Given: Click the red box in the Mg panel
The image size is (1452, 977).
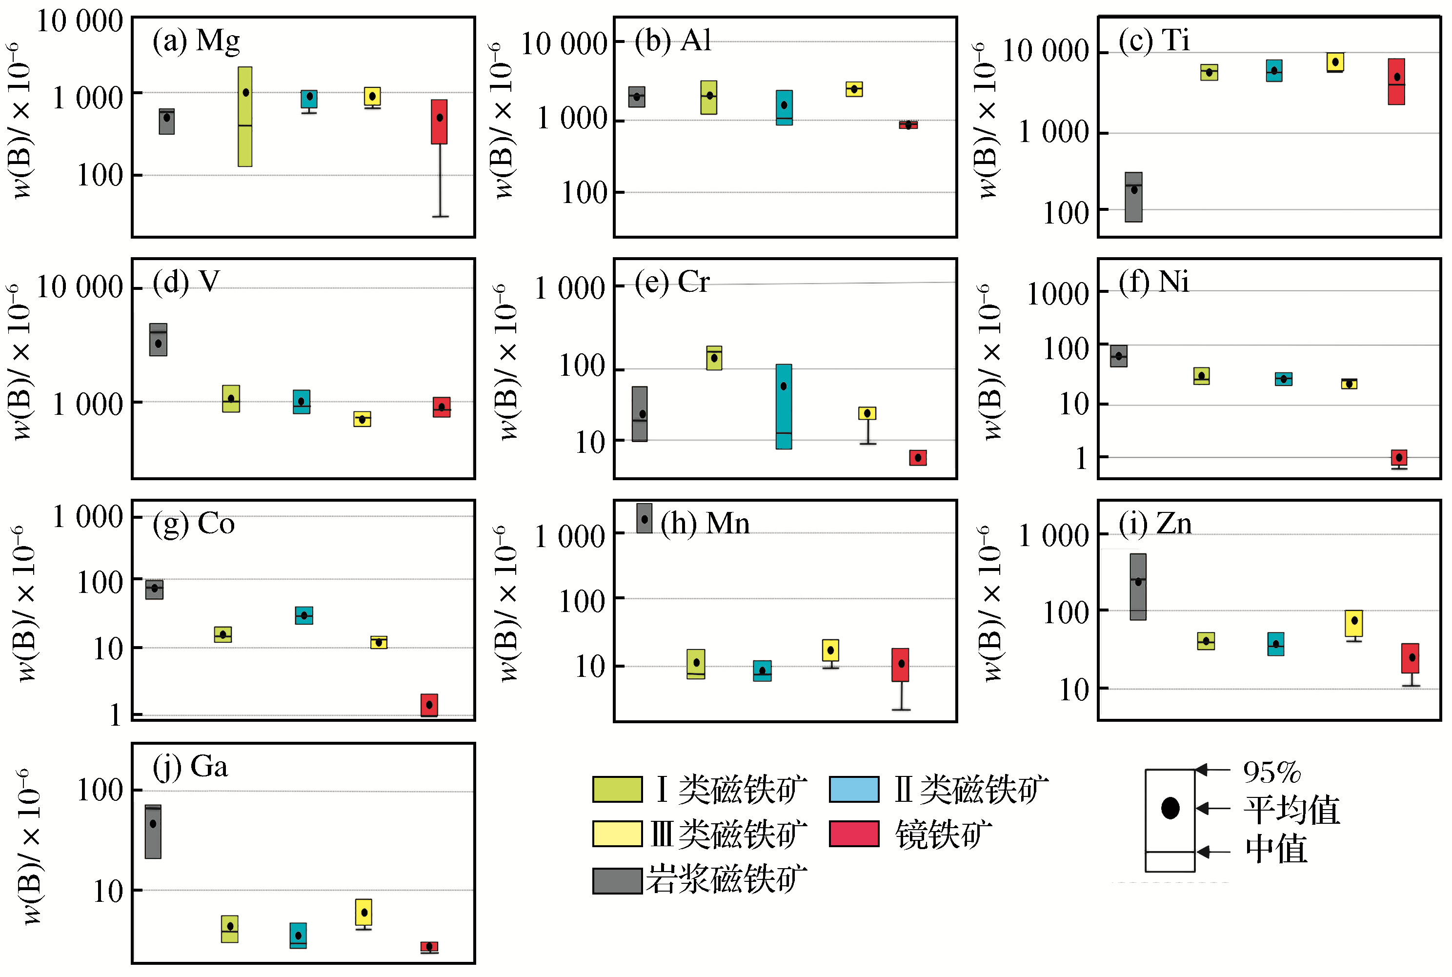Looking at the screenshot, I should coord(439,122).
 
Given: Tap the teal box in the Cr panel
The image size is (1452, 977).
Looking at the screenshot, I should coord(784,406).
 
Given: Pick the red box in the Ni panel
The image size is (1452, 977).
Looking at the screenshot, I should coord(1399,458).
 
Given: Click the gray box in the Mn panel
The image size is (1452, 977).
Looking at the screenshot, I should coord(644,518).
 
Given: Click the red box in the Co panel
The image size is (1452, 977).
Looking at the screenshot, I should coord(429,705).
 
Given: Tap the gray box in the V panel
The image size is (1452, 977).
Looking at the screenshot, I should coord(158,340).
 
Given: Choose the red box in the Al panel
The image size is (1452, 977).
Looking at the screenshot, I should coord(908,124).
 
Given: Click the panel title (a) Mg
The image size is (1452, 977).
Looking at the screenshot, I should coord(196,41).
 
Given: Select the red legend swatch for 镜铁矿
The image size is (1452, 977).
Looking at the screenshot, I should coord(854,834).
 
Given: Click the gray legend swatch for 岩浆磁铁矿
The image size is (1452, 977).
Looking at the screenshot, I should coord(617,880).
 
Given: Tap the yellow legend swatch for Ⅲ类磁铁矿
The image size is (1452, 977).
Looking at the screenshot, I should coord(617,834).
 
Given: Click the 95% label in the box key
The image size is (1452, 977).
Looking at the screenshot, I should coord(1272,773).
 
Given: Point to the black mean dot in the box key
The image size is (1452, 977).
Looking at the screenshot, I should coord(1170,808).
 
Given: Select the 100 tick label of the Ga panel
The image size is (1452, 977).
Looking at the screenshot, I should coord(100,791).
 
